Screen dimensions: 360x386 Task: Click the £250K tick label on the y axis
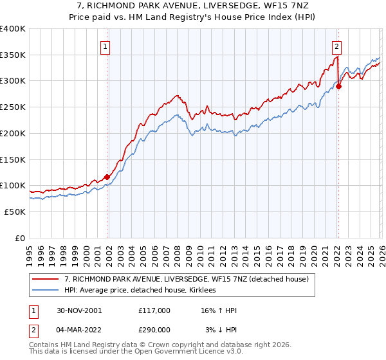coord(12,107)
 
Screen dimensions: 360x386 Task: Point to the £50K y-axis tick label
coord(15,212)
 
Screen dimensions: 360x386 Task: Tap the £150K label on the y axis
coord(12,159)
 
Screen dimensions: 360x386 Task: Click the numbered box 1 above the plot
coord(105,46)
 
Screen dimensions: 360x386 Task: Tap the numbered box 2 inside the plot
coord(336,46)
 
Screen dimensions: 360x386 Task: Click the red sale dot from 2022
coord(338,87)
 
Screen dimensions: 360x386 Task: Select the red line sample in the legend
coord(46,279)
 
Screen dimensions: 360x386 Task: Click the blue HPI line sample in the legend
coord(46,290)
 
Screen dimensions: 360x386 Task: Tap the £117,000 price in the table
coord(154,310)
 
